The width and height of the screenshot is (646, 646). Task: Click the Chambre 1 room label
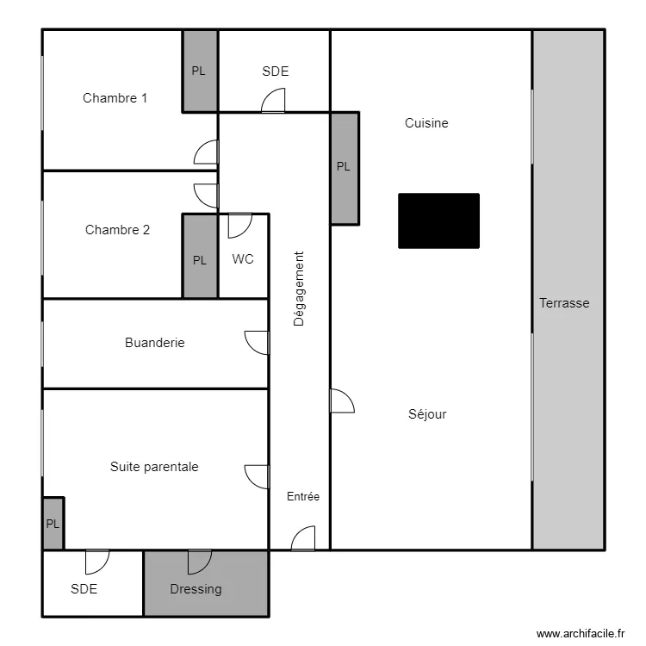pyautogui.click(x=115, y=98)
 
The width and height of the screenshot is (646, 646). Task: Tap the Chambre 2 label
pyautogui.click(x=117, y=230)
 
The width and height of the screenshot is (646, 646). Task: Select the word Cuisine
pyautogui.click(x=426, y=123)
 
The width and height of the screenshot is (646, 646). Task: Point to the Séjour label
pyautogui.click(x=427, y=413)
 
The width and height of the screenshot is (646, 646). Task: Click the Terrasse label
pyautogui.click(x=564, y=303)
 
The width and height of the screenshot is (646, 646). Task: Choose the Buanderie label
pyautogui.click(x=154, y=343)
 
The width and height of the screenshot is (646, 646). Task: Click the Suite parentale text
pyautogui.click(x=154, y=467)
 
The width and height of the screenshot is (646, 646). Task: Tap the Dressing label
pyautogui.click(x=196, y=589)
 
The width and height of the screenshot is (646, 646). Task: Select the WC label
pyautogui.click(x=243, y=259)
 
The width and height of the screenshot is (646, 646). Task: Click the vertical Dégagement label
pyautogui.click(x=299, y=289)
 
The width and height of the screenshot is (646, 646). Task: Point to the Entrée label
pyautogui.click(x=303, y=496)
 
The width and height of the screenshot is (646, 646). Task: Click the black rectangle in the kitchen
pyautogui.click(x=438, y=221)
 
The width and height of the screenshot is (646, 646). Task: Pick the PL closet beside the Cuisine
pyautogui.click(x=345, y=169)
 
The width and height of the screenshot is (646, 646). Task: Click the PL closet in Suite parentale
pyautogui.click(x=53, y=523)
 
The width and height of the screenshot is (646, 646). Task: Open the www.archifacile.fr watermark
pyautogui.click(x=581, y=633)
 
